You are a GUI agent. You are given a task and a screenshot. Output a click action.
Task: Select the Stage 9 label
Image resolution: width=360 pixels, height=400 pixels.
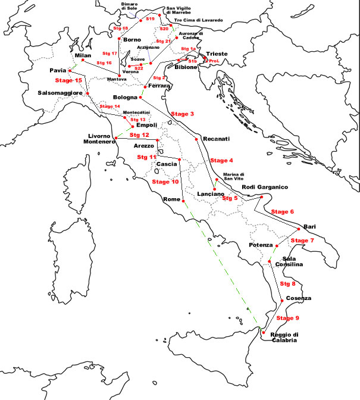click(x=288, y=318)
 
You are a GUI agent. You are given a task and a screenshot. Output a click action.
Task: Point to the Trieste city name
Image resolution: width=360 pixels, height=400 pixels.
click(x=216, y=54)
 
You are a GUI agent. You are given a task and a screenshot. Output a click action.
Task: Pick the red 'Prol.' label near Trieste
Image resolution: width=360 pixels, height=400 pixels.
click(x=215, y=60)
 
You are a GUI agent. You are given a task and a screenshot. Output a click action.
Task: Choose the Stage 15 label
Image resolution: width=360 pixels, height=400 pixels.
click(x=68, y=80)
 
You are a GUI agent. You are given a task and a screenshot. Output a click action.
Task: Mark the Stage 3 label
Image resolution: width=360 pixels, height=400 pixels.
click(x=182, y=114)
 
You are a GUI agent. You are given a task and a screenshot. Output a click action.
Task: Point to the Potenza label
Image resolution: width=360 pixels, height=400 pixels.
click(x=260, y=245)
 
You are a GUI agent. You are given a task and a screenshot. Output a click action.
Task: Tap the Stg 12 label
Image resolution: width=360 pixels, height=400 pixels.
click(x=137, y=135)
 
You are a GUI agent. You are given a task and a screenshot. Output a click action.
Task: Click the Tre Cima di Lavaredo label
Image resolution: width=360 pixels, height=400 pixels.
click(x=198, y=20)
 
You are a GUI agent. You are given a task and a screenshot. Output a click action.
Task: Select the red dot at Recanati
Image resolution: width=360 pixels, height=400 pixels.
click(x=196, y=139)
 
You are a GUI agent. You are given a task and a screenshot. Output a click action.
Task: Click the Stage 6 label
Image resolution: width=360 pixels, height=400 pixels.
click(x=282, y=212)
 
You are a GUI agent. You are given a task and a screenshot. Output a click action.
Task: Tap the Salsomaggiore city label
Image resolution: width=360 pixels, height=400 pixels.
click(x=60, y=93)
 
